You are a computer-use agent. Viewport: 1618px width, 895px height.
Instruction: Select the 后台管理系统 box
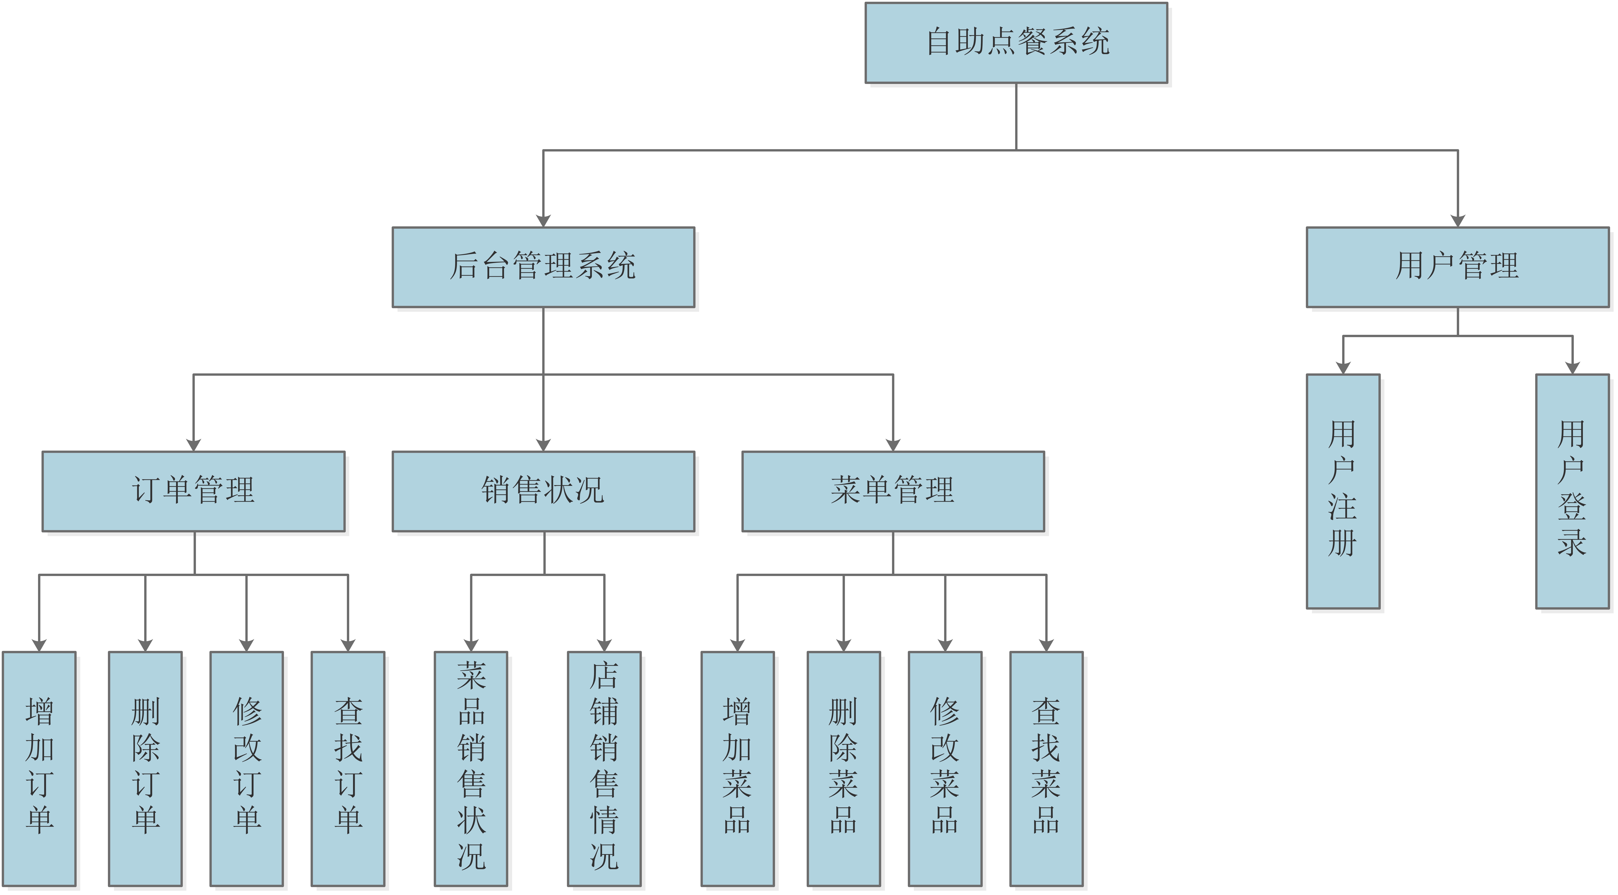(x=543, y=267)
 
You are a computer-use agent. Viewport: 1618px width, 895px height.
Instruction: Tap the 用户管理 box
(x=1457, y=267)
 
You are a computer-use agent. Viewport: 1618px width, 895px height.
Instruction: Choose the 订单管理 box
(x=193, y=491)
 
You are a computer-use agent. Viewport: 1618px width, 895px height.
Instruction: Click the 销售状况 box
(x=543, y=491)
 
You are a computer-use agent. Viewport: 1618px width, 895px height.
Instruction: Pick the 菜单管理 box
(x=893, y=491)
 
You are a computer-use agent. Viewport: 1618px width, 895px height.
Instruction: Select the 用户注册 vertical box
(x=1343, y=491)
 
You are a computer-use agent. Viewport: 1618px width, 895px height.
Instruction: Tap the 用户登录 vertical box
(x=1572, y=491)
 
